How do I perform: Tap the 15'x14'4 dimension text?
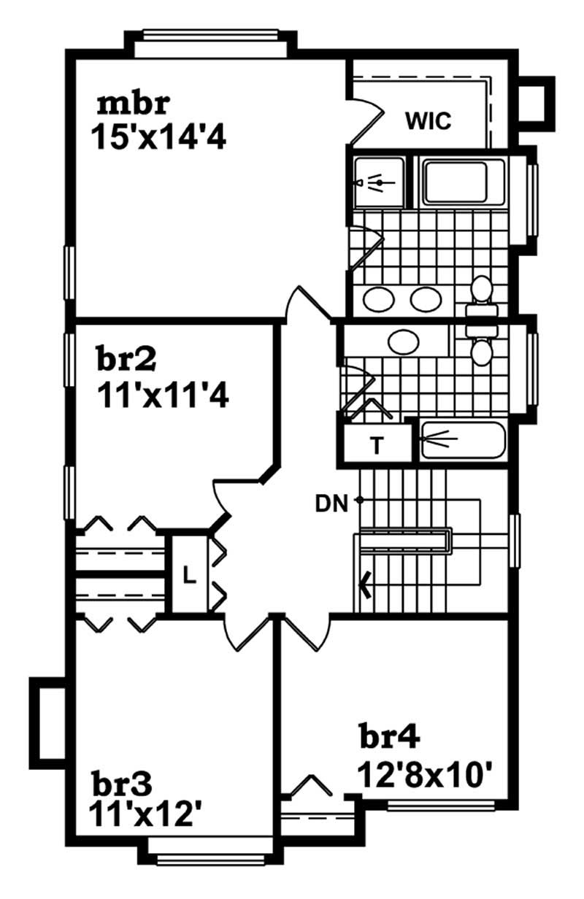click(x=158, y=136)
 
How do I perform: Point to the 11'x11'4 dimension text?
click(x=163, y=396)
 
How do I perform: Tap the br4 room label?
click(x=389, y=737)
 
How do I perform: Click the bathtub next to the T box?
click(x=462, y=439)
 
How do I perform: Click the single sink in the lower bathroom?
click(x=402, y=342)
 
